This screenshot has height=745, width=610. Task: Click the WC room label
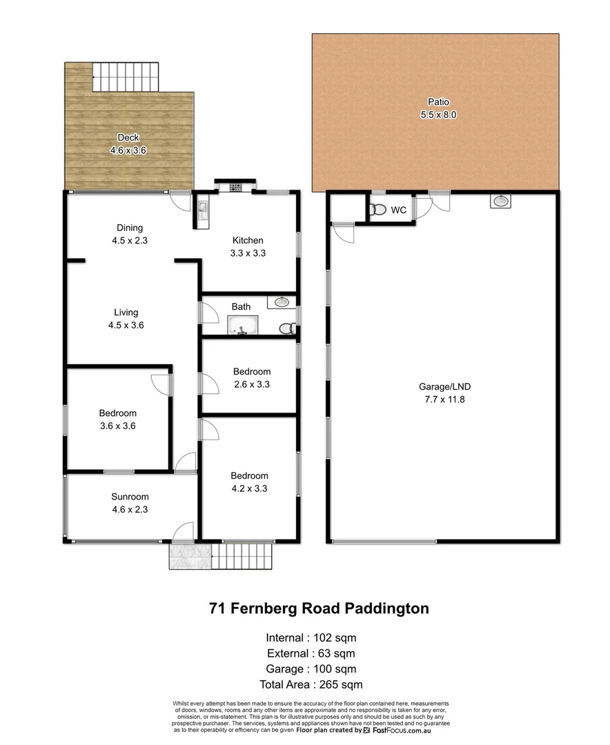click(x=398, y=210)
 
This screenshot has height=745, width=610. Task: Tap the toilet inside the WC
click(x=377, y=210)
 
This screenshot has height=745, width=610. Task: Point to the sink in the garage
click(x=502, y=201)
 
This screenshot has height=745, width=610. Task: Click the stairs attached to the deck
click(x=126, y=76)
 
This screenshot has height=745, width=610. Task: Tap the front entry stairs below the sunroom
click(x=242, y=556)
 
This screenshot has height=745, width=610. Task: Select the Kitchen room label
click(x=248, y=240)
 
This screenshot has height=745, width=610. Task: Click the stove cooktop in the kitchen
click(x=235, y=186)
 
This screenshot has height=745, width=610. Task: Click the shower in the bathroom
click(x=242, y=326)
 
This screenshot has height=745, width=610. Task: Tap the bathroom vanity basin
click(x=282, y=302)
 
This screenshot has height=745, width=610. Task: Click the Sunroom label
click(x=130, y=497)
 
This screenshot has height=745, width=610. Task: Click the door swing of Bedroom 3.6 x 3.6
click(x=160, y=383)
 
